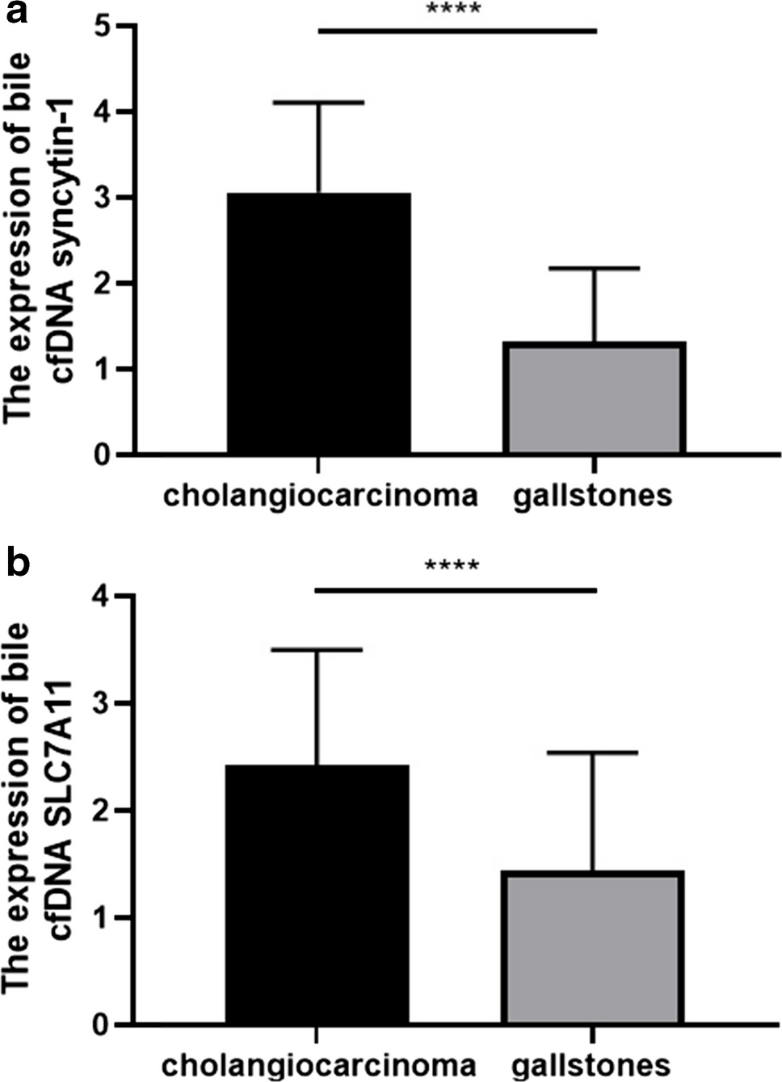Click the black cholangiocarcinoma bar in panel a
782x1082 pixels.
pos(318,323)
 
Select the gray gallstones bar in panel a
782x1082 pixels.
pos(594,397)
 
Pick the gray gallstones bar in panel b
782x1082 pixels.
pos(593,948)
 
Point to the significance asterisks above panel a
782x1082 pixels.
pos(453,10)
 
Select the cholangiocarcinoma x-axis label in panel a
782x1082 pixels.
pos(320,495)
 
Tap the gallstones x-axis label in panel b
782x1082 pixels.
pos(591,1064)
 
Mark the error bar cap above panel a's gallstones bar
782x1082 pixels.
pos(595,268)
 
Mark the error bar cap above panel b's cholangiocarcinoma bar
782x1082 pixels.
pos(316,649)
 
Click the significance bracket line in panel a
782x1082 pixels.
pos(457,31)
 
